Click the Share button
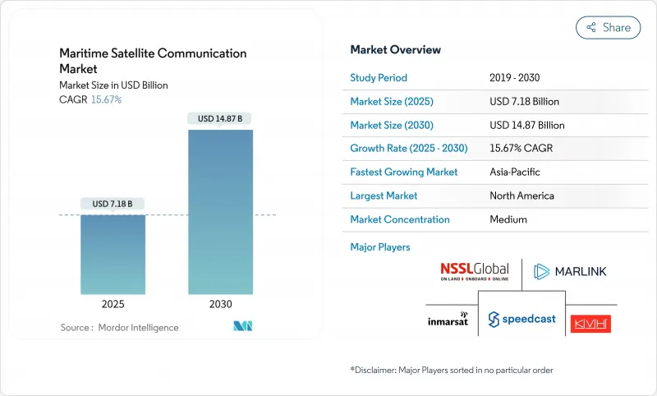pyautogui.click(x=608, y=27)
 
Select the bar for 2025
pyautogui.click(x=113, y=254)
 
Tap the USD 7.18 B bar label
pyautogui.click(x=113, y=204)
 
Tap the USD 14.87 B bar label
pyautogui.click(x=220, y=118)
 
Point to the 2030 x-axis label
pyautogui.click(x=220, y=304)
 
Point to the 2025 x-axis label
pyautogui.click(x=113, y=304)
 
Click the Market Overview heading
pyautogui.click(x=395, y=50)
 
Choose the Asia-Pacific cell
pyautogui.click(x=516, y=173)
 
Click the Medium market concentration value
pyautogui.click(x=508, y=219)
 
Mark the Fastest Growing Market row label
pyautogui.click(x=403, y=173)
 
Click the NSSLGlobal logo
pyautogui.click(x=474, y=271)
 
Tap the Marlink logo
pyautogui.click(x=569, y=271)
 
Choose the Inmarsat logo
pyautogui.click(x=448, y=319)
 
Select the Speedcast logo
pyautogui.click(x=521, y=319)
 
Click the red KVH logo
pyautogui.click(x=590, y=323)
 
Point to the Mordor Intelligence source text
pyautogui.click(x=119, y=327)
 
